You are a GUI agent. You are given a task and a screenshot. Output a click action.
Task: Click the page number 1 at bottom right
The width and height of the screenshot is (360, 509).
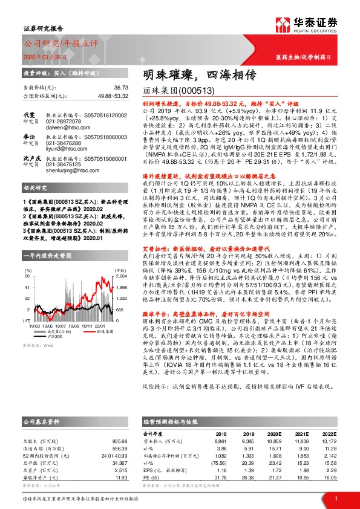point(336,498)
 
